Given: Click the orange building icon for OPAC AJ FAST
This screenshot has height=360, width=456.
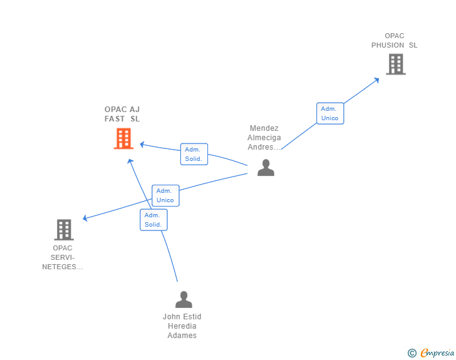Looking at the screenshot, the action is point(123,139).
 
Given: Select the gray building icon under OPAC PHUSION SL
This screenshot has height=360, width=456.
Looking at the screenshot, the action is point(396,64).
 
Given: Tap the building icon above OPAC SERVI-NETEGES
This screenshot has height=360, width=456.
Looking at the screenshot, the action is point(64,230).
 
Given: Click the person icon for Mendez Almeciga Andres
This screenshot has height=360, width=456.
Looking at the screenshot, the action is point(266,168).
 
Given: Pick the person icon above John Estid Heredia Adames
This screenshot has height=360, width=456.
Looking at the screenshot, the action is point(184,299).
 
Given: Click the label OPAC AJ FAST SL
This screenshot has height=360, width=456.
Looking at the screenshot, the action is point(122,114).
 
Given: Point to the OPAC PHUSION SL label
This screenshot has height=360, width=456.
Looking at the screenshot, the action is point(395,41).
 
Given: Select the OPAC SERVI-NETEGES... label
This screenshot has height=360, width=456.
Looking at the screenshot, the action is point(63,257).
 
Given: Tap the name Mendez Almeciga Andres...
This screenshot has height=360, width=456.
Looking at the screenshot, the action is point(264,138).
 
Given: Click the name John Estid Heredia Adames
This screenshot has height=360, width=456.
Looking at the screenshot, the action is point(182,326).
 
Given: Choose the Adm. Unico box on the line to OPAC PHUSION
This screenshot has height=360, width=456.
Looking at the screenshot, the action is point(330,113).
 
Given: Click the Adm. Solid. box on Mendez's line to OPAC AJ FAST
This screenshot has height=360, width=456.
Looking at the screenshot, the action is point(194,154).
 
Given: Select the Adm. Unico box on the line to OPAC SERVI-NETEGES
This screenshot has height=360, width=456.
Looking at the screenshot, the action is point(165,195).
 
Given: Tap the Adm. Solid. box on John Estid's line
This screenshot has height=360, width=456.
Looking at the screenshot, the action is point(153,220).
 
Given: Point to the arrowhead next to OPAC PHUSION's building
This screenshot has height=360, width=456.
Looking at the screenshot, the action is point(376,80).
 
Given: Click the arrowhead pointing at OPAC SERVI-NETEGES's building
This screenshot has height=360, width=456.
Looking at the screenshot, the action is point(85,218).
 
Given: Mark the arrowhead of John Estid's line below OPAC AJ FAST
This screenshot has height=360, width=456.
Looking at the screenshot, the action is point(130,161).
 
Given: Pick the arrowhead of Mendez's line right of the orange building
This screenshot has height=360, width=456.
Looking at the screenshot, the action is point(142,144).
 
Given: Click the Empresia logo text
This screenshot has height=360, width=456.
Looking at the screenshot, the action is point(437,352).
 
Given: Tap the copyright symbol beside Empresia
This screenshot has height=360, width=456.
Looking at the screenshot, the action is point(412,353).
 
